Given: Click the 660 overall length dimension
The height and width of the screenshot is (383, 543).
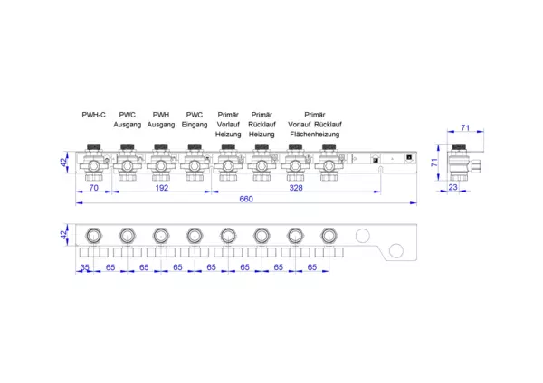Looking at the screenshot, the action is pyautogui.click(x=246, y=199).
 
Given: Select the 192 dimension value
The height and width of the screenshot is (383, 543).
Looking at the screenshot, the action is pyautogui.click(x=162, y=188).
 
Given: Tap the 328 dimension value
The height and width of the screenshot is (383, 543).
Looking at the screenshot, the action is pyautogui.click(x=296, y=188).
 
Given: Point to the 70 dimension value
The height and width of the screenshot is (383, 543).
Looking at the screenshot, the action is pyautogui.click(x=94, y=188).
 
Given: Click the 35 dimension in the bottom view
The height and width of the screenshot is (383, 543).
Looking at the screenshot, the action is pyautogui.click(x=85, y=267).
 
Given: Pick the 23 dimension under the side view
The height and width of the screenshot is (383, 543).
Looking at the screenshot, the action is pyautogui.click(x=453, y=187).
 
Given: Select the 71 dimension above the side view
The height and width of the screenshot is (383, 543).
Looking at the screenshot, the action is pyautogui.click(x=465, y=127).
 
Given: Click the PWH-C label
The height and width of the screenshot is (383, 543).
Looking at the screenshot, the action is pyautogui.click(x=93, y=115).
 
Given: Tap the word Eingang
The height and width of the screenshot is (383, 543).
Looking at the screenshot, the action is pyautogui.click(x=195, y=125).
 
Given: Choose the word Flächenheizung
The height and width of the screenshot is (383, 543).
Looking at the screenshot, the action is pyautogui.click(x=315, y=135).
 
